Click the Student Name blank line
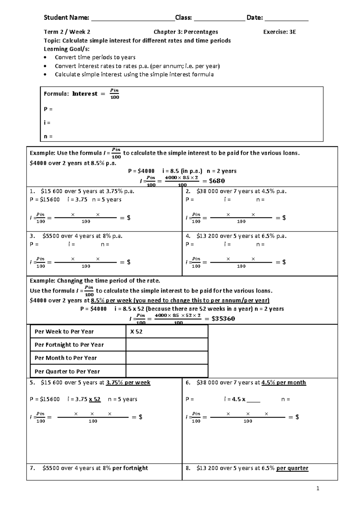coord(133,19)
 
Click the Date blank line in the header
coord(286,19)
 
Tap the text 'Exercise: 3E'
coord(279,32)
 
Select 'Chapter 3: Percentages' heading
coord(186,32)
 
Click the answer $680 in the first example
coord(217,181)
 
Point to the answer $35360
coord(223,319)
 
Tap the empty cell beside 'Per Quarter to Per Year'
coord(167,371)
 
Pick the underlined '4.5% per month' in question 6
coord(283,383)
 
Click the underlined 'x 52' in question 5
coord(95,399)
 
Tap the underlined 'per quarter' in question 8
coord(292,468)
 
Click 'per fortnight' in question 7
coord(130,468)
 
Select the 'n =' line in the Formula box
coord(48,136)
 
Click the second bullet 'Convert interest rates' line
coord(137,66)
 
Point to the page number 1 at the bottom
coord(318,488)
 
